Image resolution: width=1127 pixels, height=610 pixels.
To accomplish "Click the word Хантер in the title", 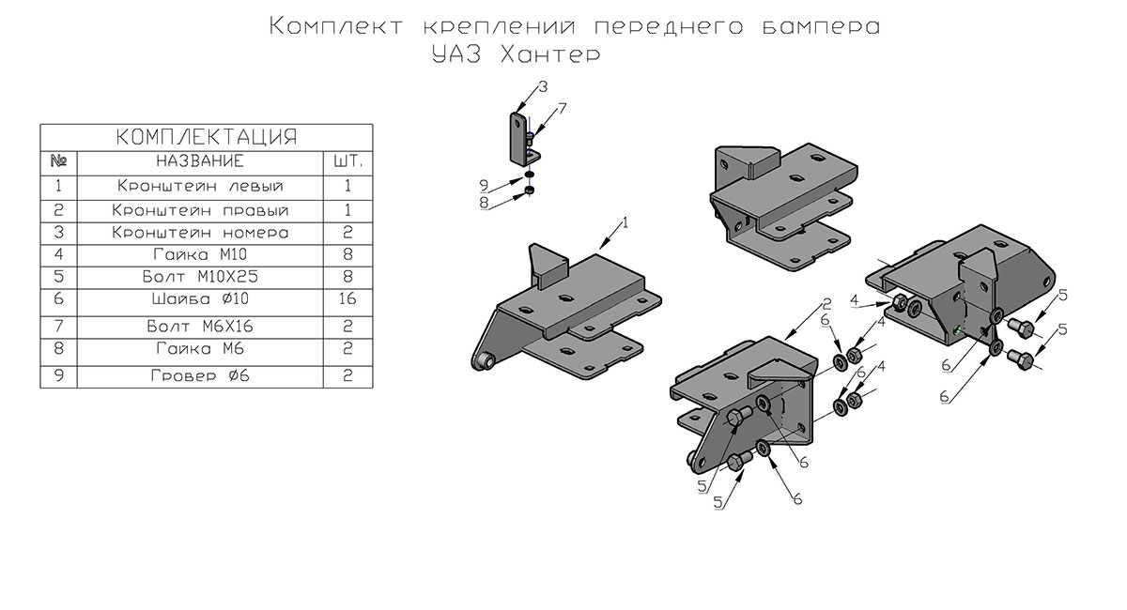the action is [551, 54].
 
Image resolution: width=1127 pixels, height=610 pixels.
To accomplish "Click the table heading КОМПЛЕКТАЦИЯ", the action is [207, 137].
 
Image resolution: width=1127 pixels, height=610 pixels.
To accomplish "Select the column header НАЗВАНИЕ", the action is [200, 160].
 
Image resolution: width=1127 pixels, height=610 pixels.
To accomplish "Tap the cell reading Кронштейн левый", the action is [201, 186].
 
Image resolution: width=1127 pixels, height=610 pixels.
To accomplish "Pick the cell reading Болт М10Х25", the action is [200, 277].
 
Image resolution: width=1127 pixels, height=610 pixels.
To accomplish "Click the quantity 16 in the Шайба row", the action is [347, 298].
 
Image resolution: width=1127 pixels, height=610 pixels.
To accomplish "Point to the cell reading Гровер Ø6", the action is [200, 375].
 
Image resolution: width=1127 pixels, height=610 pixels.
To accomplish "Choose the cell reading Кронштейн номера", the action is [200, 233].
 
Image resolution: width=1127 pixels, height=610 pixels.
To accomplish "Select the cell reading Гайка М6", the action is [200, 348].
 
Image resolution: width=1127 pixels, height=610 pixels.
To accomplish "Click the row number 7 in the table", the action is [59, 327].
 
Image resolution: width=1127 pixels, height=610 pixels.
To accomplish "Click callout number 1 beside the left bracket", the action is [625, 222].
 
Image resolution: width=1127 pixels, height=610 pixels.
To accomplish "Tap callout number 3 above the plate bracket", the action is [543, 87].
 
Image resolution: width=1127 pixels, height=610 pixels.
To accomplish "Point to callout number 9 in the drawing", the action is [484, 186].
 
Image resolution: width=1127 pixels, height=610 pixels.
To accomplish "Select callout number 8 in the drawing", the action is [484, 203].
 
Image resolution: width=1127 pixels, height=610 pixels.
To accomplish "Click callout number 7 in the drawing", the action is [563, 109].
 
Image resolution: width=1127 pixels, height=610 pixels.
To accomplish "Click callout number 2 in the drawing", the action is [827, 304].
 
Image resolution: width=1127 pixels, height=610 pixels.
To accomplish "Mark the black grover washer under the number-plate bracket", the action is [528, 175].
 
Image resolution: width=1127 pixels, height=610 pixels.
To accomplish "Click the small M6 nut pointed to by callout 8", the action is [529, 191].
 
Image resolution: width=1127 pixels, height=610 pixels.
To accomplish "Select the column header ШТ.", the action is [347, 160].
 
